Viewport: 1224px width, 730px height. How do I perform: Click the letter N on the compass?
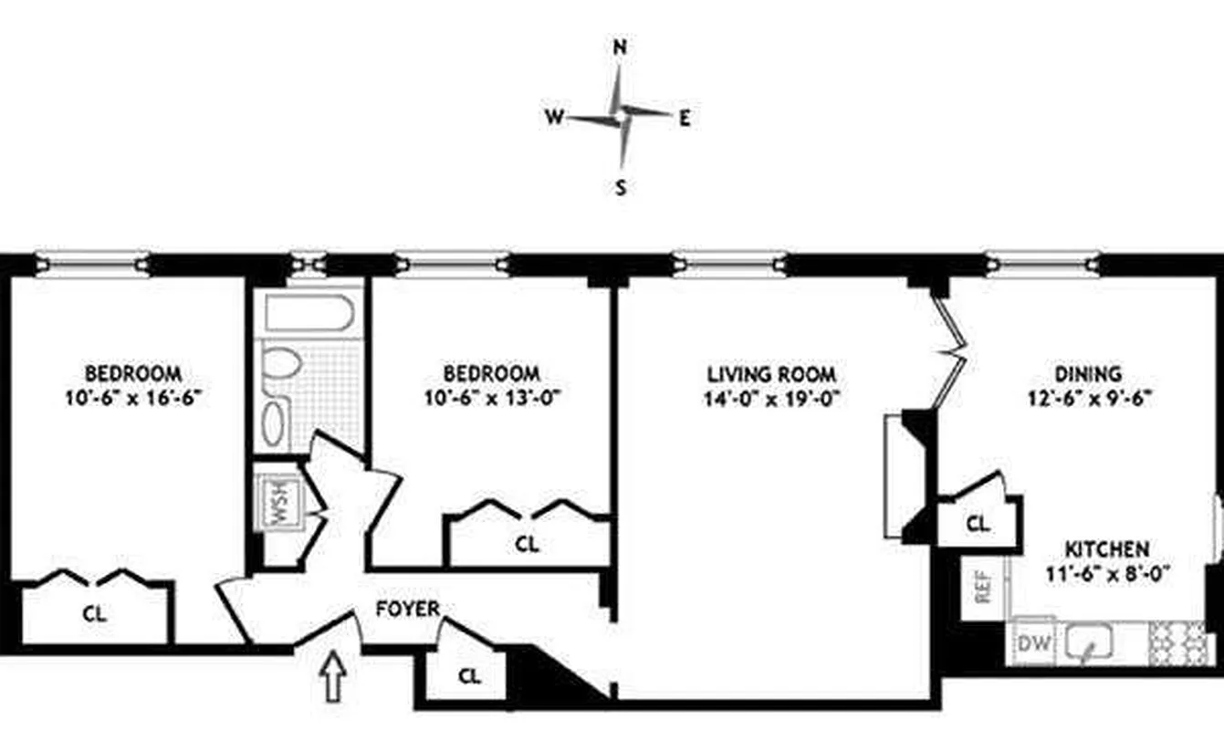click(x=620, y=48)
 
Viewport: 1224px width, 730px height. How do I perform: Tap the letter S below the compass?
click(x=621, y=189)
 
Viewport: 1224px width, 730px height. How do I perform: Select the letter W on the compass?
click(x=553, y=117)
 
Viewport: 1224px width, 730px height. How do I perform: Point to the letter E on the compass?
click(x=685, y=117)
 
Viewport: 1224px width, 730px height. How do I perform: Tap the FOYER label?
click(x=407, y=609)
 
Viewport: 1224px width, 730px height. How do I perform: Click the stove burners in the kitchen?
click(x=1177, y=643)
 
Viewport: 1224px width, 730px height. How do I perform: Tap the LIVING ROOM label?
click(x=771, y=374)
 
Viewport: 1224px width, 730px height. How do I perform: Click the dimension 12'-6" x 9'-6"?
click(x=1088, y=397)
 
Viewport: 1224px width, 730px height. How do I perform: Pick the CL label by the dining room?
click(x=978, y=525)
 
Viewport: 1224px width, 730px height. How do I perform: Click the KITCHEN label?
click(x=1105, y=549)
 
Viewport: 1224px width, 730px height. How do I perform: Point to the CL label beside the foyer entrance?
click(x=469, y=676)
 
